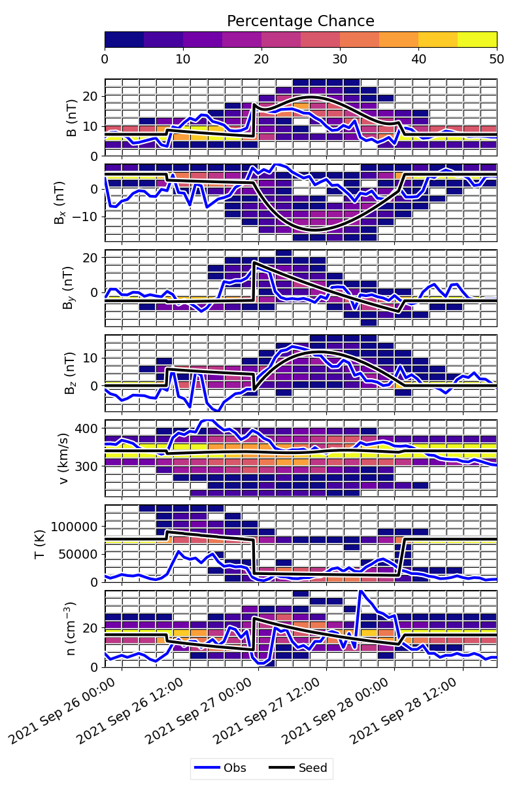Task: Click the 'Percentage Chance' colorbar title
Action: (x=301, y=21)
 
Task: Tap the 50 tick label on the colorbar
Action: (x=497, y=59)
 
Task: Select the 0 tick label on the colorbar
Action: (x=105, y=59)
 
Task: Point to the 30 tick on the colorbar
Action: (x=340, y=59)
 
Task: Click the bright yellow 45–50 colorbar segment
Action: (x=477, y=39)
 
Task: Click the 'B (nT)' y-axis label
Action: (x=71, y=117)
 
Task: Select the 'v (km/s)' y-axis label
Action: (x=71, y=458)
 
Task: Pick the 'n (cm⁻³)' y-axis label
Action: (x=71, y=629)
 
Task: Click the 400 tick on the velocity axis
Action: (x=88, y=428)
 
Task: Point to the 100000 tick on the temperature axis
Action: (x=77, y=526)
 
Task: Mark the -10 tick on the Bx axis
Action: (x=86, y=217)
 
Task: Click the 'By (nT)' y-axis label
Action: (x=71, y=288)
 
